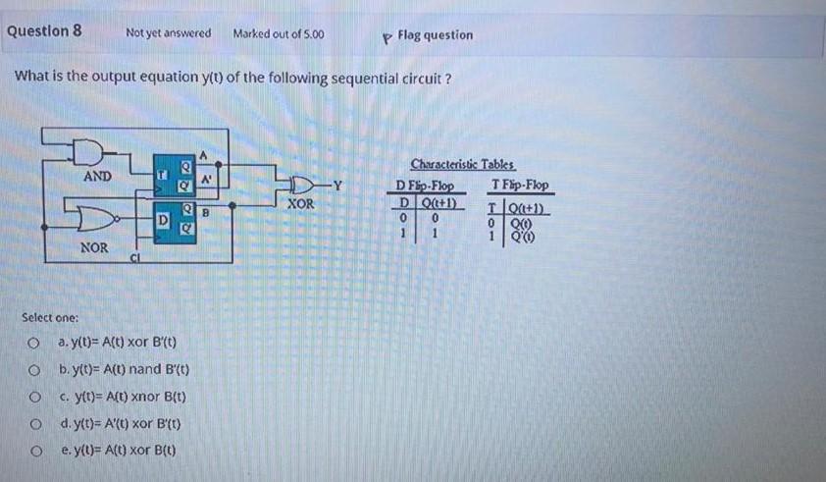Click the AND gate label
coord(96,177)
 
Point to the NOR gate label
coord(94,247)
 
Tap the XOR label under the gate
coord(300,204)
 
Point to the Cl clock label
coord(135,258)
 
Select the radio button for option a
coord(32,344)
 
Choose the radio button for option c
coord(32,399)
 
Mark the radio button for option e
coord(32,454)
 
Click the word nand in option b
coord(146,371)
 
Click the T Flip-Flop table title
coord(522,186)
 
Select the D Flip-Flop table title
coord(423,186)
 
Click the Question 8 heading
coord(43,30)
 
